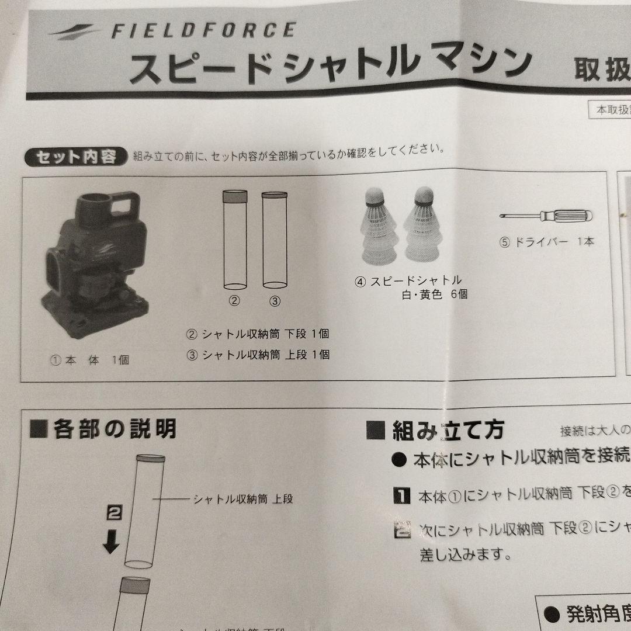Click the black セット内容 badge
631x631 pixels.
point(75,157)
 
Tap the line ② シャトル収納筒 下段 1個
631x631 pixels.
point(258,334)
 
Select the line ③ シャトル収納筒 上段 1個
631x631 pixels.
point(258,354)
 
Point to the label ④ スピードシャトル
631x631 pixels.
point(408,280)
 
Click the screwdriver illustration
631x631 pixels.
point(546,216)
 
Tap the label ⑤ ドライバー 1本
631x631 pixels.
point(546,241)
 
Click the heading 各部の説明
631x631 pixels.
point(103,429)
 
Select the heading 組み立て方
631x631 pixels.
point(435,431)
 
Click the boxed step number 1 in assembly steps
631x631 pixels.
point(402,497)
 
